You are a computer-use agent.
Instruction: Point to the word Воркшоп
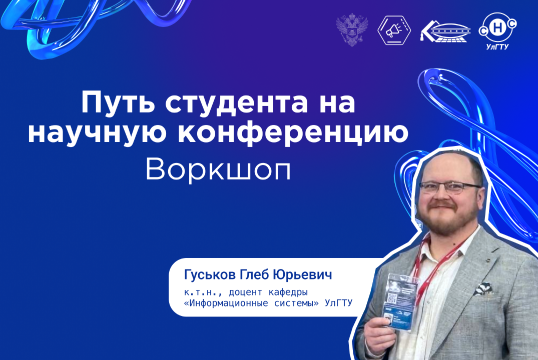tap(218, 171)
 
